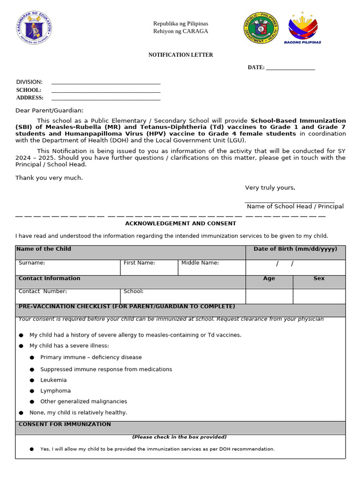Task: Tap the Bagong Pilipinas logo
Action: (302, 28)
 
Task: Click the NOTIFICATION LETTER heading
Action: (180, 55)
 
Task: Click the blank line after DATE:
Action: (290, 68)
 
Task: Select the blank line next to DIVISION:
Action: (106, 82)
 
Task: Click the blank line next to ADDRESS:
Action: (106, 98)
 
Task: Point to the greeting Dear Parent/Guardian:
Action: (49, 111)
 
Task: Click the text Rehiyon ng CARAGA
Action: (180, 31)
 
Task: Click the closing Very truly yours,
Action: (270, 188)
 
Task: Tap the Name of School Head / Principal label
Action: (295, 207)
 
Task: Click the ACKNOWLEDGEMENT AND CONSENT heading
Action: (180, 224)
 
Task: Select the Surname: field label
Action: (32, 263)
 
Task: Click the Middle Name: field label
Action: (200, 263)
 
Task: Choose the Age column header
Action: (269, 278)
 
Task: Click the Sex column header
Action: (319, 278)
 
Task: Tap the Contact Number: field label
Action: (43, 292)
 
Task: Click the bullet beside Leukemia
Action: (32, 381)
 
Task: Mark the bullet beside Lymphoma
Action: (32, 391)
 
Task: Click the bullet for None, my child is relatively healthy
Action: (21, 413)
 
